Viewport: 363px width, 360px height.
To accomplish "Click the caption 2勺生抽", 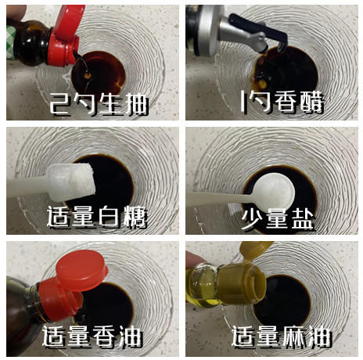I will [93, 102].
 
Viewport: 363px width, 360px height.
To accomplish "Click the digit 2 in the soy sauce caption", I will [56, 102].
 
